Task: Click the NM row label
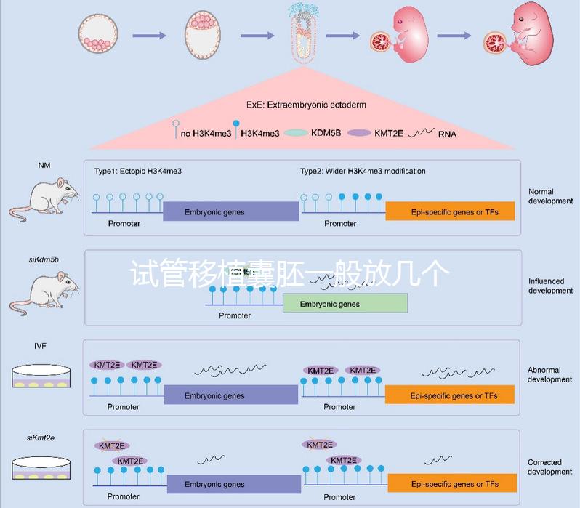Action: (44, 165)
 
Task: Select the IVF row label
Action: (40, 346)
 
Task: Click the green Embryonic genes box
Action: (345, 304)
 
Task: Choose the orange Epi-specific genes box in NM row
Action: (450, 211)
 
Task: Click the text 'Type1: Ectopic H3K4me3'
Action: (137, 172)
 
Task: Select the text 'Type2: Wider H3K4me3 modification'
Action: (363, 172)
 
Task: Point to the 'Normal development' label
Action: (550, 196)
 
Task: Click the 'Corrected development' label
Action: (549, 467)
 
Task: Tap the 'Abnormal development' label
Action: (549, 375)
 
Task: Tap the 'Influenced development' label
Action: (550, 286)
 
